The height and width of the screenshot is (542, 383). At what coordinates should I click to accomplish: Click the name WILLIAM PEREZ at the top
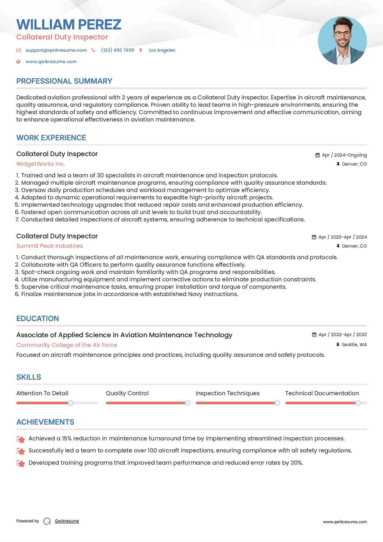[69, 25]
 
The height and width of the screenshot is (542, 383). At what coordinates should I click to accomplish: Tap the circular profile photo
[342, 41]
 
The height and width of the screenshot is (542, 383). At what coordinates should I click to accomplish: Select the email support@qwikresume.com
[56, 50]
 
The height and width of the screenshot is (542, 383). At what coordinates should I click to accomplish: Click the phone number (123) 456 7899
[118, 50]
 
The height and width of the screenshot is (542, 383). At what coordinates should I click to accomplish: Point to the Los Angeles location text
[162, 50]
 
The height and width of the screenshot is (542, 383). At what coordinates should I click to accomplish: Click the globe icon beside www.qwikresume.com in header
[18, 62]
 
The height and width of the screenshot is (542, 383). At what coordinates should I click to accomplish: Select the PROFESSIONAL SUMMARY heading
[64, 81]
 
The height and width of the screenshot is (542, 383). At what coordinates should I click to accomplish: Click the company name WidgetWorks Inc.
[41, 164]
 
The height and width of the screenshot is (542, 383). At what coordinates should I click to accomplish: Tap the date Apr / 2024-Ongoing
[344, 155]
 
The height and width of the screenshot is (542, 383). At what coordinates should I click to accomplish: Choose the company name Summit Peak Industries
[50, 246]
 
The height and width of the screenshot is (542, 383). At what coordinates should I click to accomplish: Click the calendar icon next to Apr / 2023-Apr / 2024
[314, 237]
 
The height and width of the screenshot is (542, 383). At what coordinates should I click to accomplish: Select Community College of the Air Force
[67, 345]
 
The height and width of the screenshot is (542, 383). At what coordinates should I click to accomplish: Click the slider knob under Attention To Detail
[71, 403]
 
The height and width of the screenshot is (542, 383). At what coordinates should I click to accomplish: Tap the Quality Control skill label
[127, 393]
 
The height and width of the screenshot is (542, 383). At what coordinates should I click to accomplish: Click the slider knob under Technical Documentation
[358, 403]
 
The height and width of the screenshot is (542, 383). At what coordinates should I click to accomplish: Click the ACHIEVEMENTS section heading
[45, 422]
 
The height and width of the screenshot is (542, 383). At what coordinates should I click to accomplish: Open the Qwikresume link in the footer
[67, 521]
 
